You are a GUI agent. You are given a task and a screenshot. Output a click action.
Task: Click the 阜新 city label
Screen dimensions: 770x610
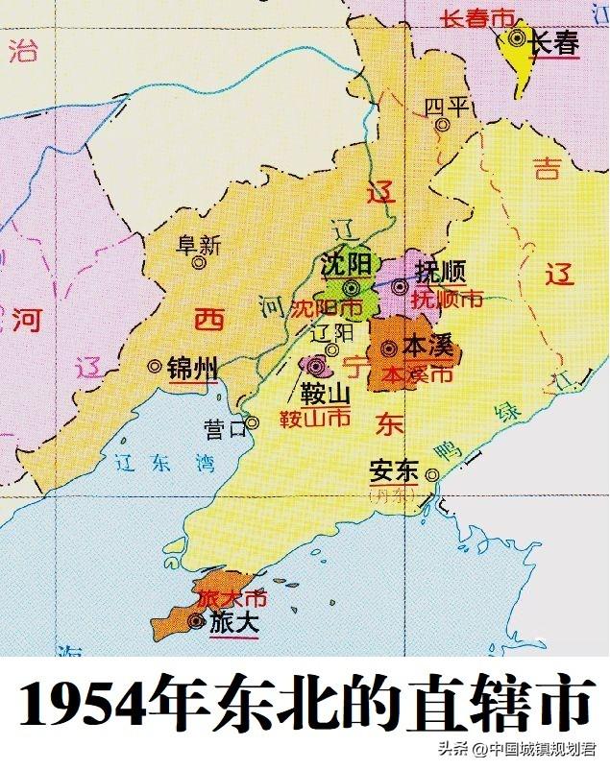(x=199, y=244)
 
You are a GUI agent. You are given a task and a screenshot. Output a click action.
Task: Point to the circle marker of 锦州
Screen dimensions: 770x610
(x=155, y=366)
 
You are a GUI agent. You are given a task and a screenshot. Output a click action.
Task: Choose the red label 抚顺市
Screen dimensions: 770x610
(x=447, y=300)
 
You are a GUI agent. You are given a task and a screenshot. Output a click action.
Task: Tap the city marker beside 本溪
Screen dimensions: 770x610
(x=389, y=349)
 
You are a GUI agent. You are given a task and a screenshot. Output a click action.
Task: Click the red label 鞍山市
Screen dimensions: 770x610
(x=314, y=419)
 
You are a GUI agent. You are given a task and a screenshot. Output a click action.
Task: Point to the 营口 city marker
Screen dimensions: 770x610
(x=252, y=422)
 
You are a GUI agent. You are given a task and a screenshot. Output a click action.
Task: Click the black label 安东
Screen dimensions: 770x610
(x=394, y=472)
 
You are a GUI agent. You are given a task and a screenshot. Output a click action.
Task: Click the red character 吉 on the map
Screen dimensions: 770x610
(x=548, y=170)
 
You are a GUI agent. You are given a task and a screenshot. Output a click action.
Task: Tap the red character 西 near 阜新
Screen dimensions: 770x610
(x=207, y=319)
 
